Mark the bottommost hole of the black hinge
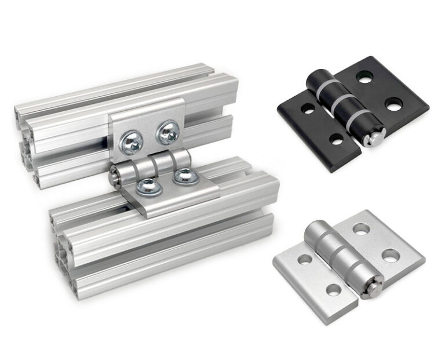coord(335,139)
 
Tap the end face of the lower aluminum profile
coord(61,249)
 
